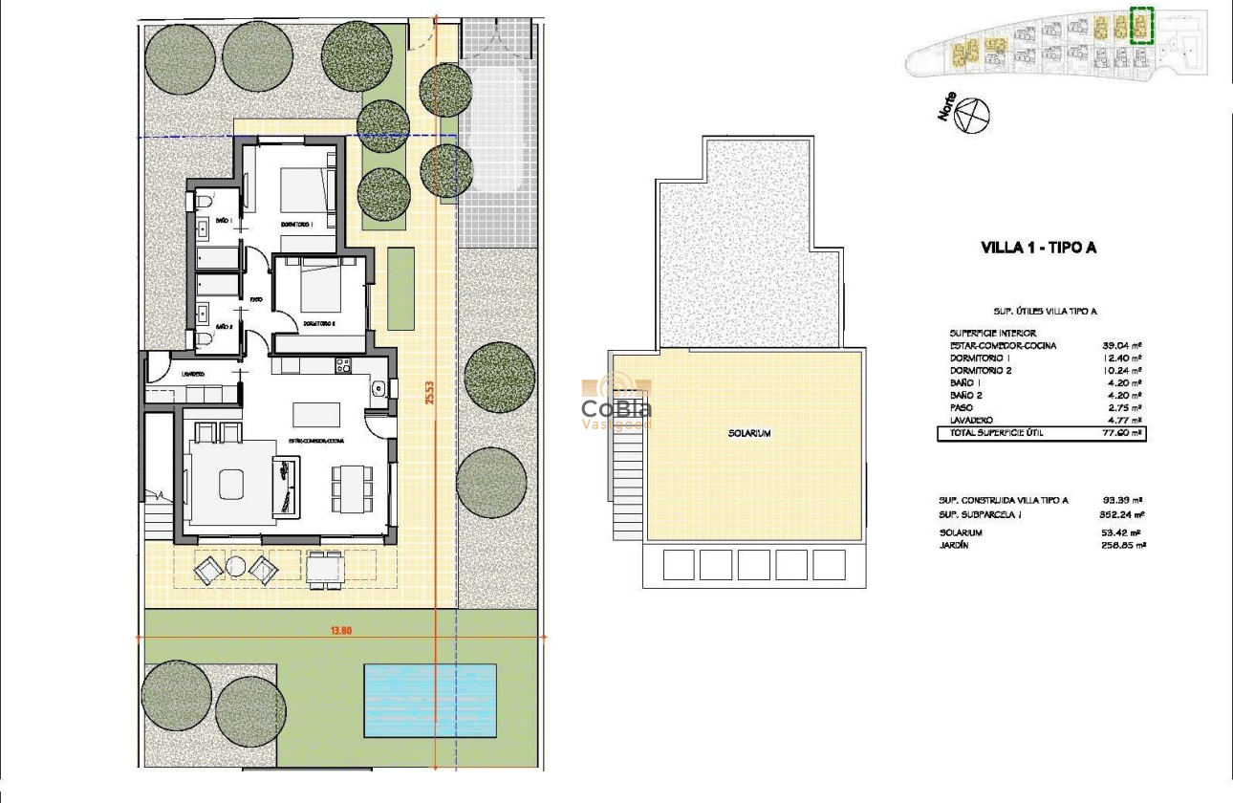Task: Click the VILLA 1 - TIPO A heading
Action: click(x=1038, y=248)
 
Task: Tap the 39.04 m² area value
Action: click(x=1123, y=345)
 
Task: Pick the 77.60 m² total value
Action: click(x=1123, y=433)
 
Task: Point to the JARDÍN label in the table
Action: click(x=954, y=545)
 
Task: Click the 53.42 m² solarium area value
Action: click(x=1123, y=532)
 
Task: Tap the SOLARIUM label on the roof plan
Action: click(x=748, y=433)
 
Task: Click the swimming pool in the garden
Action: click(x=429, y=701)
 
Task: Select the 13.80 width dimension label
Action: click(x=342, y=631)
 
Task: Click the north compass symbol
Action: click(x=973, y=116)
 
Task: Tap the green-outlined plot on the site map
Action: click(x=1141, y=25)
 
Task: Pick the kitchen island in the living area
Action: click(x=316, y=414)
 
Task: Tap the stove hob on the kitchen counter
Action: click(x=343, y=364)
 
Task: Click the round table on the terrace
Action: click(x=235, y=567)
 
